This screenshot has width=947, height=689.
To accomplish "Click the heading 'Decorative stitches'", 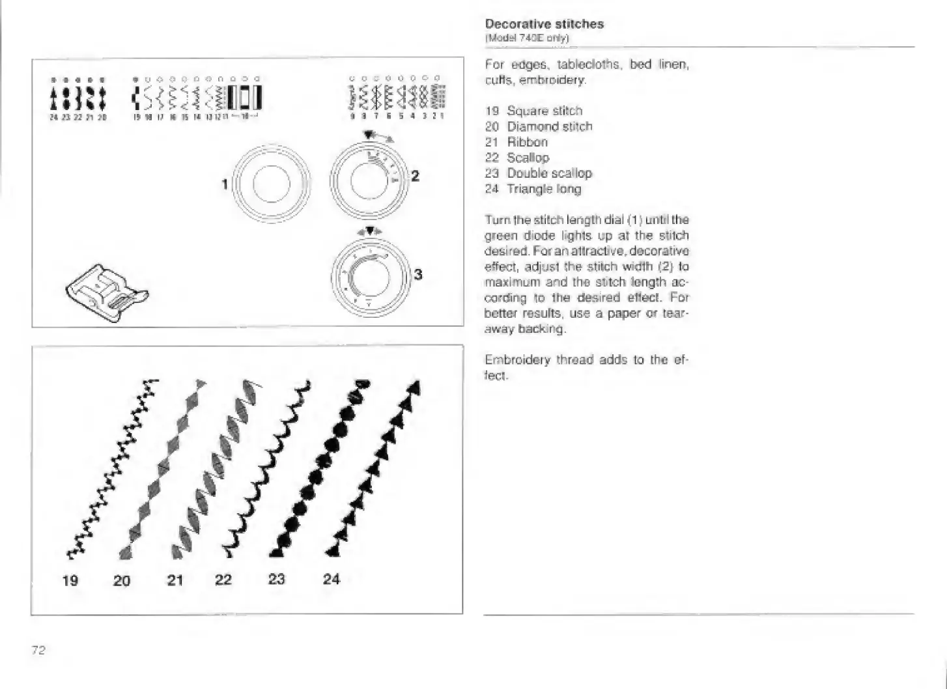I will coord(544,24).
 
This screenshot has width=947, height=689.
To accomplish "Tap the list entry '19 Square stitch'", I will coord(533,111).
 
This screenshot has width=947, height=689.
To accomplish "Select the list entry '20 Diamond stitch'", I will coord(539,126).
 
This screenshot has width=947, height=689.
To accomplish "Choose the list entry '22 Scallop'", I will coord(517,158).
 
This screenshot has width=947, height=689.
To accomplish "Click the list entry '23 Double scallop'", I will coord(538,173).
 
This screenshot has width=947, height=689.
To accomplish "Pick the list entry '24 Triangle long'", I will coord(533,189).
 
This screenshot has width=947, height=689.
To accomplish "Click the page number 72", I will coord(38,649).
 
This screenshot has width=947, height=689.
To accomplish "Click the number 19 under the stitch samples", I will coord(70,580).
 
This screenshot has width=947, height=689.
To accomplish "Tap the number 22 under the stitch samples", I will coord(223,579).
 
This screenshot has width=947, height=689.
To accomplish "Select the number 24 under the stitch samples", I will coord(332,578).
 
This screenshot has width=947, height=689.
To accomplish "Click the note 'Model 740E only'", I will coord(528,38).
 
